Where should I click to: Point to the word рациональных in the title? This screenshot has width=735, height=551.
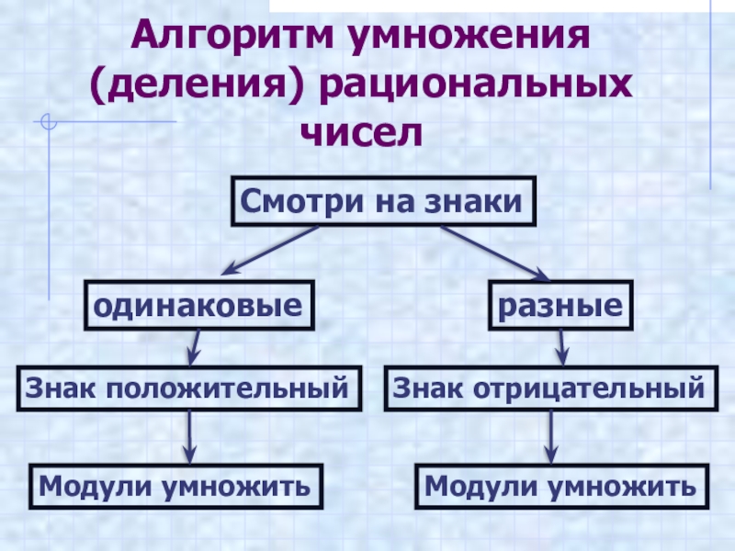click(478, 87)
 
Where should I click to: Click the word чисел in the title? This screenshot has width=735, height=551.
click(366, 134)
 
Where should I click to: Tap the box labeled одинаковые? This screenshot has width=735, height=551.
click(198, 306)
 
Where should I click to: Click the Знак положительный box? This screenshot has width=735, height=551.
click(188, 388)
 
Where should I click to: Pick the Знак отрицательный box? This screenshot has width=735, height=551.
click(550, 388)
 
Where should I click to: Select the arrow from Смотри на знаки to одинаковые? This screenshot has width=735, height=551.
click(271, 250)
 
